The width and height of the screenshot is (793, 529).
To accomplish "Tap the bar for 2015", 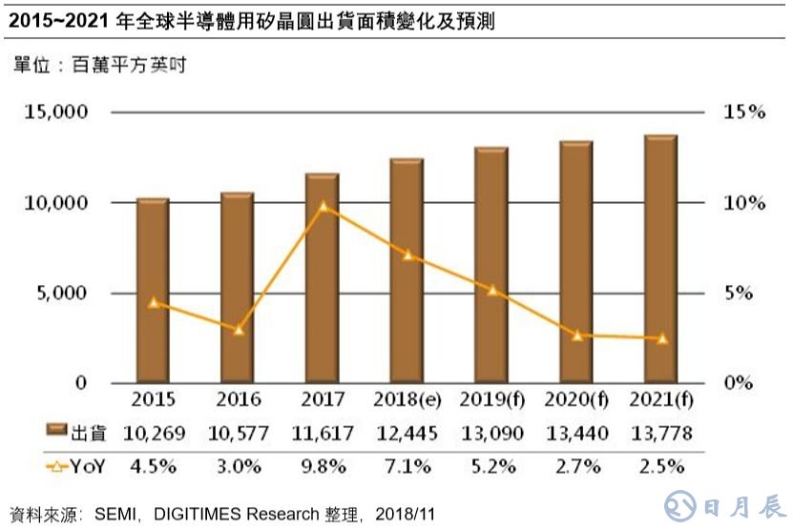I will pos(153,291).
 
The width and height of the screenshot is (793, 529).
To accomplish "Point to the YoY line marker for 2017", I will pos(323,205).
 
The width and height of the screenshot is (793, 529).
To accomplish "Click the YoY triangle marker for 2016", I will pos(239,329).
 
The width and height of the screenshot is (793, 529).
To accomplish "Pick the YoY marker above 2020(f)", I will pos(575,335).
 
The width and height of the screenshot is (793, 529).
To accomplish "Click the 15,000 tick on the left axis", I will pos(54,112).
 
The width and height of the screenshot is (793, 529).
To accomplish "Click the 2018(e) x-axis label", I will pos(407,397).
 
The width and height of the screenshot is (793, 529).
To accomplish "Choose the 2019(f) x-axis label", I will pos(491,397).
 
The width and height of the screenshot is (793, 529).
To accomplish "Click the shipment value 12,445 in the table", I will pos(407,434).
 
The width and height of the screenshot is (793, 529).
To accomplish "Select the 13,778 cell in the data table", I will pos(660,434).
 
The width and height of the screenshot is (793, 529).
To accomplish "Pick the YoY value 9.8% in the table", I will pos(323,467).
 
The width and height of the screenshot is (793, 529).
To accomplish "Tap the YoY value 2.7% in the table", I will pos(575,467).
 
